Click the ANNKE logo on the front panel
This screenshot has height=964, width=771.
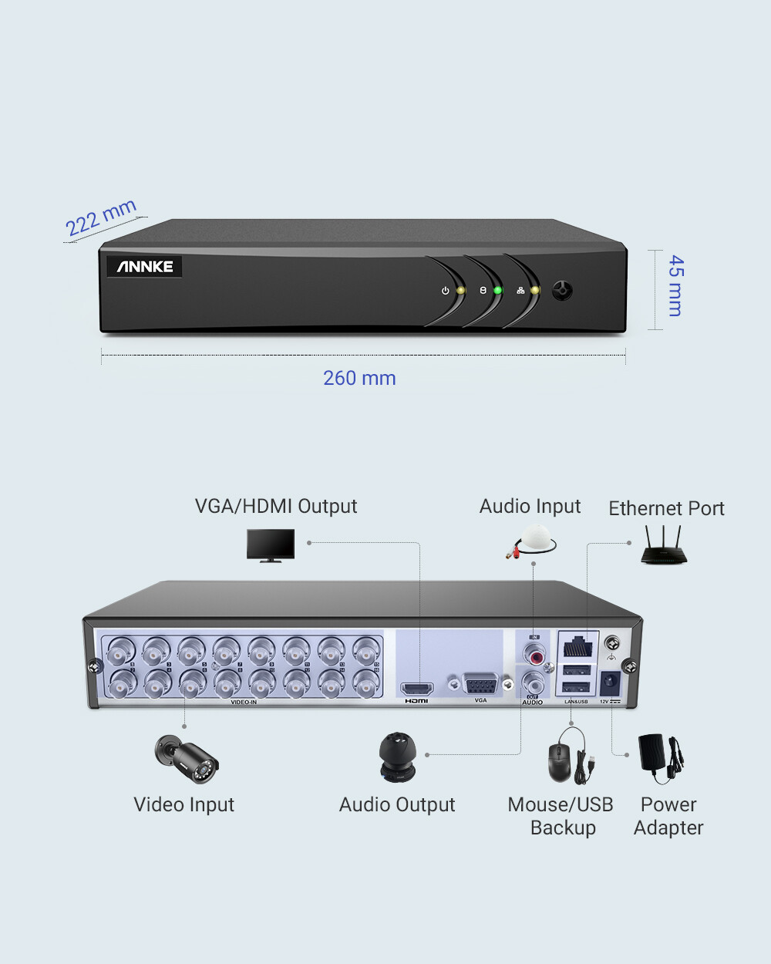pyautogui.click(x=145, y=267)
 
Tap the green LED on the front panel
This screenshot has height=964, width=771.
pyautogui.click(x=497, y=291)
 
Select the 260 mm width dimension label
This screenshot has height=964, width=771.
pyautogui.click(x=359, y=378)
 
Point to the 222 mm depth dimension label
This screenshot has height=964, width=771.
pyautogui.click(x=101, y=217)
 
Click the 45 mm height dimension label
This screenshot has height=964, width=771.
pyautogui.click(x=675, y=285)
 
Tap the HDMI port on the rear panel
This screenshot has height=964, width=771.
pyautogui.click(x=416, y=688)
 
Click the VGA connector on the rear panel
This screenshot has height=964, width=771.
pyautogui.click(x=480, y=685)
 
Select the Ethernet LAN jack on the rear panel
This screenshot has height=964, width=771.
pyautogui.click(x=577, y=646)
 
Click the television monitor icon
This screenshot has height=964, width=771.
pyautogui.click(x=271, y=544)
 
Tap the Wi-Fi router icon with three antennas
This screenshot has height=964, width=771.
pyautogui.click(x=663, y=545)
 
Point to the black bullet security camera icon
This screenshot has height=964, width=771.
pyautogui.click(x=187, y=758)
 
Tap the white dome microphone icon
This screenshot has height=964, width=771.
pyautogui.click(x=534, y=540)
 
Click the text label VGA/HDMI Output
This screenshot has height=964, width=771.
pyautogui.click(x=276, y=506)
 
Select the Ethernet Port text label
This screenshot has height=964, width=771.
pyautogui.click(x=666, y=508)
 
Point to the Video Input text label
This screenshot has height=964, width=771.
pyautogui.click(x=183, y=804)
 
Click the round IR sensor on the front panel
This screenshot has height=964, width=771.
pyautogui.click(x=563, y=291)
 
